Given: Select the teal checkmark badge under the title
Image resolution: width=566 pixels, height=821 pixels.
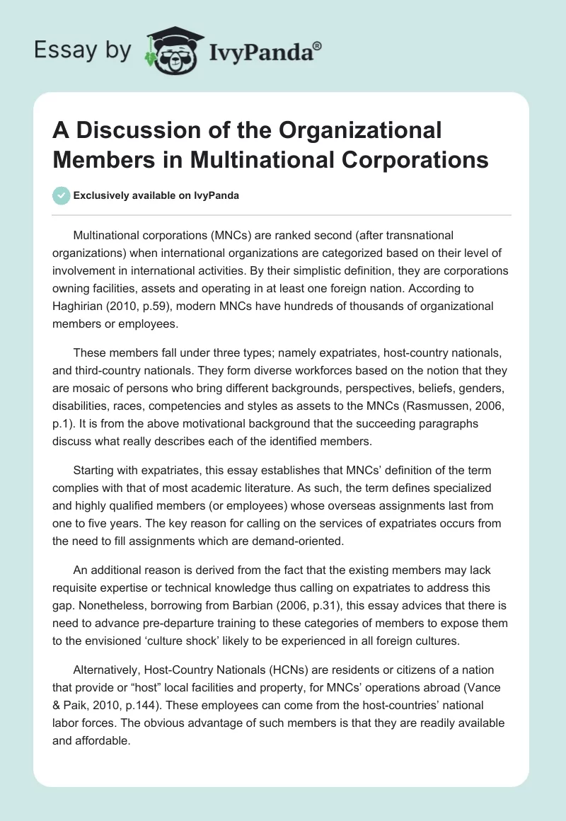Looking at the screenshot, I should pyautogui.click(x=62, y=195).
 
